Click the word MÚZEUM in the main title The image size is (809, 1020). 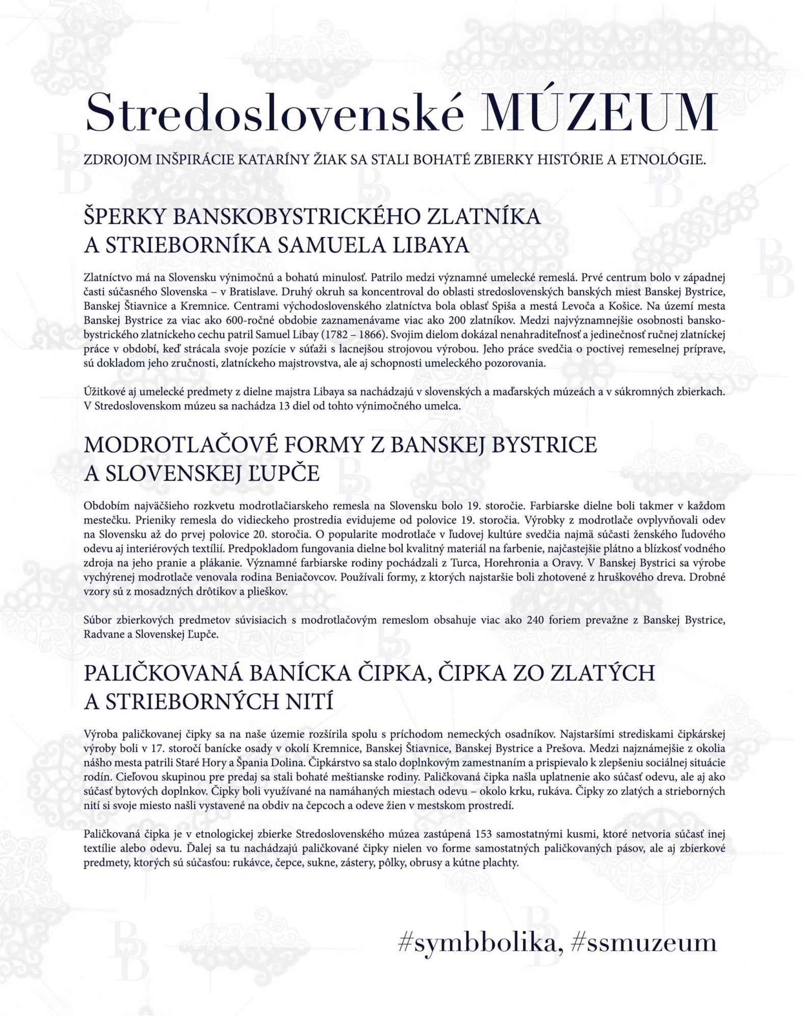599,113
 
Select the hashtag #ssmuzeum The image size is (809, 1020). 645,943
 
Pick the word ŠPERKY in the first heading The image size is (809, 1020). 124,217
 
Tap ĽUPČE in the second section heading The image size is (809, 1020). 285,474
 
